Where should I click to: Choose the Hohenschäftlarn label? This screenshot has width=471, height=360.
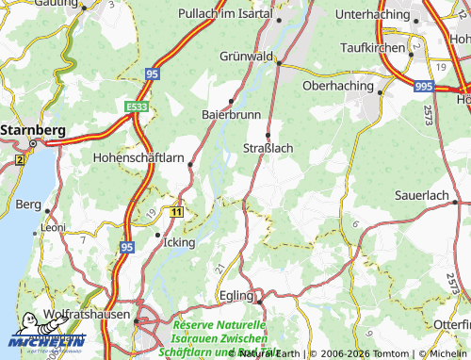click(x=138, y=159)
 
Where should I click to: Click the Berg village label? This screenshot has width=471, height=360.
click(x=28, y=205)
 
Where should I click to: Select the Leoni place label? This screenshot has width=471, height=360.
click(x=52, y=227)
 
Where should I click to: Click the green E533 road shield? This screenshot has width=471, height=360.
click(x=138, y=107)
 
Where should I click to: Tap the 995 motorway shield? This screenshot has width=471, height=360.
click(x=423, y=85)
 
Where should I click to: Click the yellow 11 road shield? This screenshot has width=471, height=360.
click(x=176, y=213)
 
